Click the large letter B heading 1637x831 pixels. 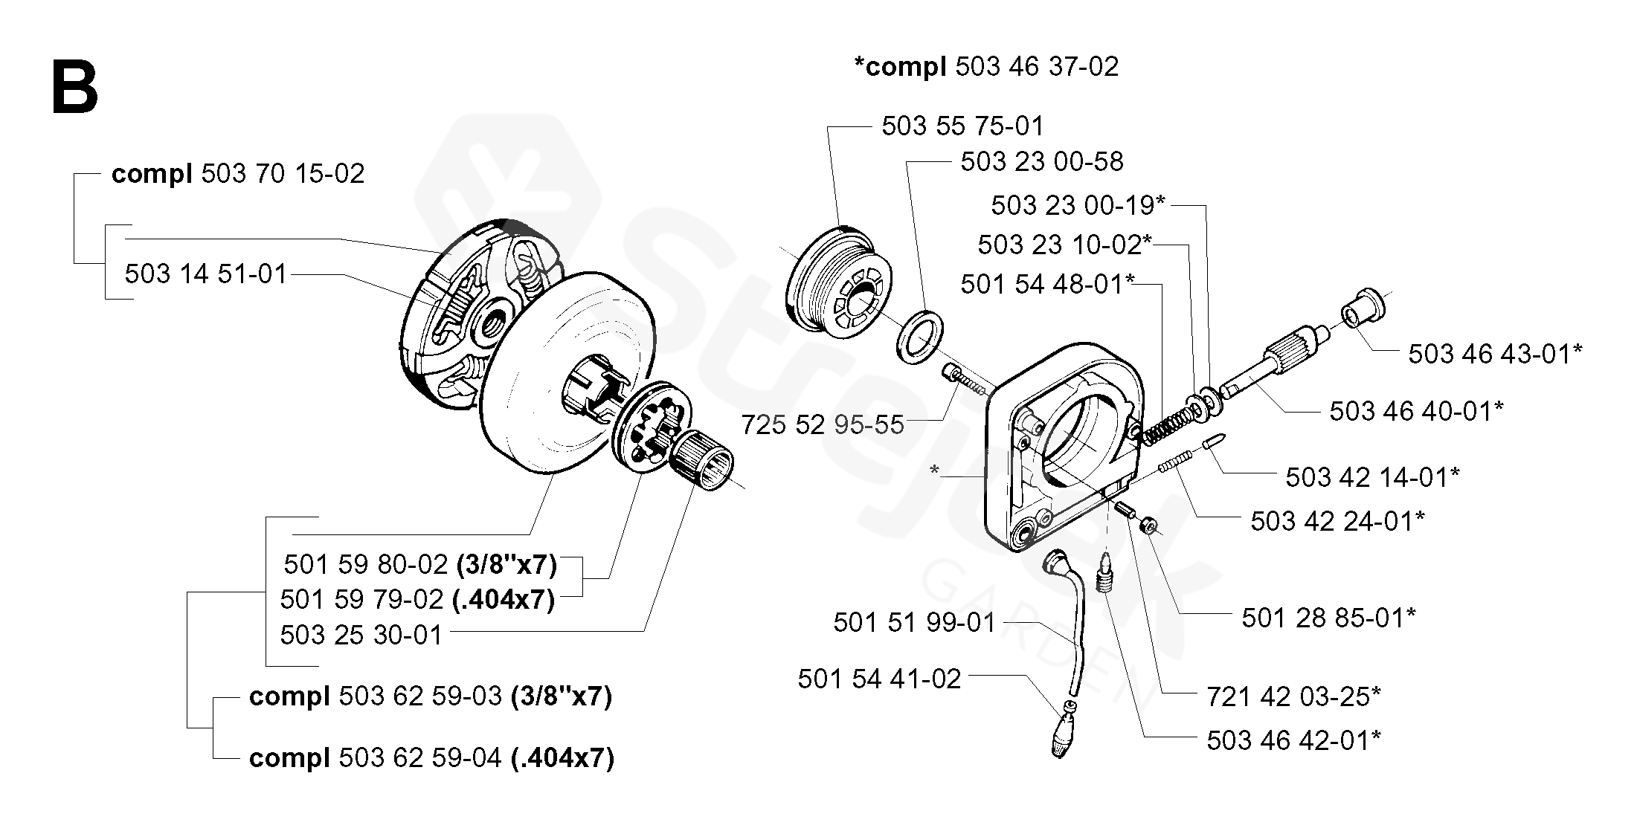[x=75, y=88]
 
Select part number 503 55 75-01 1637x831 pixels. [x=963, y=126]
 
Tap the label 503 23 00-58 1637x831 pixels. [x=1041, y=161]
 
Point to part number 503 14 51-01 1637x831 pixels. [x=206, y=274]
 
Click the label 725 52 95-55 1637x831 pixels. [x=823, y=424]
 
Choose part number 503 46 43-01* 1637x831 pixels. [x=1495, y=354]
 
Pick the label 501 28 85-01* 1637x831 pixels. [x=1328, y=617]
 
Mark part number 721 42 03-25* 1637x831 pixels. [x=1293, y=696]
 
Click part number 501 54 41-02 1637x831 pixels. [x=880, y=678]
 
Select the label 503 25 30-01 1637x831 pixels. [x=361, y=635]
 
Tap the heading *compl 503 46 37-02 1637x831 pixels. [x=986, y=66]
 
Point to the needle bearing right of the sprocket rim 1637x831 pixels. [x=703, y=461]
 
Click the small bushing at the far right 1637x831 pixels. [x=1363, y=308]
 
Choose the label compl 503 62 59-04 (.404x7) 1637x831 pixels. [x=431, y=758]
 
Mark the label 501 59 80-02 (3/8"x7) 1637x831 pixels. [x=420, y=564]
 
